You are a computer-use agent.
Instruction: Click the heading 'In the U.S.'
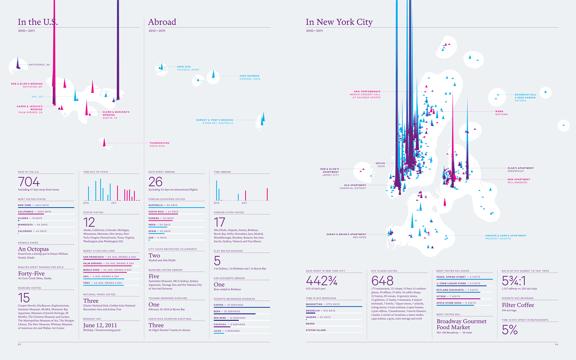(x=38, y=22)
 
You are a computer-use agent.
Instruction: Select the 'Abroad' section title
(x=162, y=22)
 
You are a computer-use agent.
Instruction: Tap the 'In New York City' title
(x=339, y=22)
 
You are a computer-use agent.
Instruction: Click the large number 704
(x=29, y=182)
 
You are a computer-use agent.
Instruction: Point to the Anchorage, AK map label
(x=39, y=65)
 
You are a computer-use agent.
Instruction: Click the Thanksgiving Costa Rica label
(x=159, y=144)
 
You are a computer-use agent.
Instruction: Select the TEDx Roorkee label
(x=250, y=77)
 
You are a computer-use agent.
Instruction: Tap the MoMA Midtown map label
(x=501, y=113)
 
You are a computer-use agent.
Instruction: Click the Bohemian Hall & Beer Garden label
(x=525, y=98)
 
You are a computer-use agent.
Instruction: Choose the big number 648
(x=382, y=280)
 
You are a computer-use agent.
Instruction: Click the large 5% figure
(x=510, y=330)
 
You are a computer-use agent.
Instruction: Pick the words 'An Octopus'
(x=33, y=249)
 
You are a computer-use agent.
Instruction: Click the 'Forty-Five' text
(x=31, y=274)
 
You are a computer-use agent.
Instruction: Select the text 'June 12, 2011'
(x=100, y=325)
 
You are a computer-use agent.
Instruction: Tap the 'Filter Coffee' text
(x=518, y=305)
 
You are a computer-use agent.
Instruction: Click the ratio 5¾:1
(x=514, y=280)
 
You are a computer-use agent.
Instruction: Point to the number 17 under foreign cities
(x=219, y=222)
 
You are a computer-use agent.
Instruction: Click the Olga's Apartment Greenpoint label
(x=520, y=170)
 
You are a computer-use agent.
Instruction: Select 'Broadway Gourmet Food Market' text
(x=461, y=324)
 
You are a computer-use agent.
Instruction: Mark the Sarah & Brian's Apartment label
(x=346, y=236)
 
